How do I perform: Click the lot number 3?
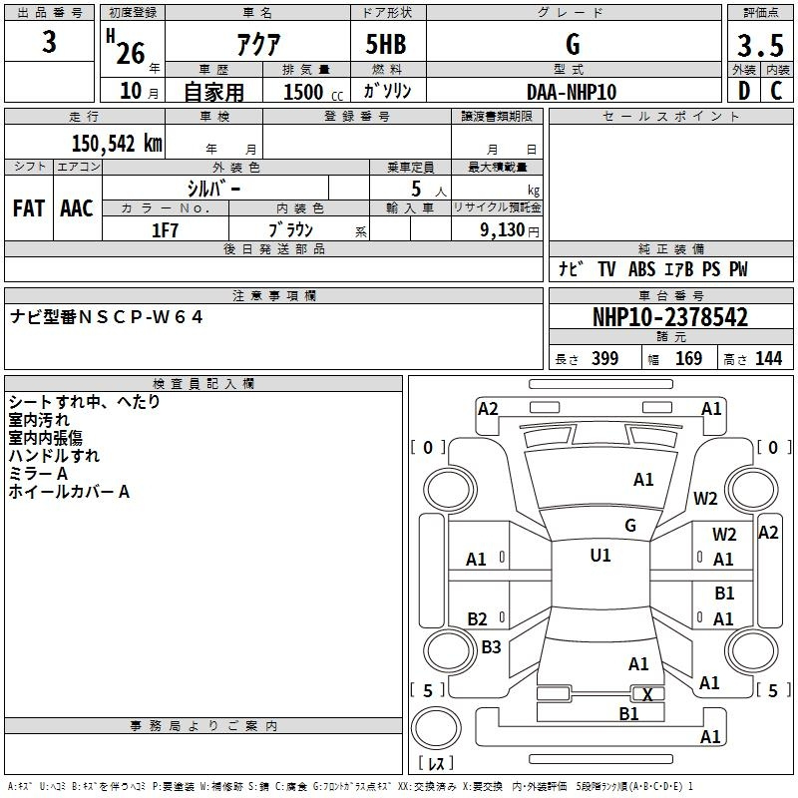tap(50, 43)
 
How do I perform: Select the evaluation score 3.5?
tap(761, 45)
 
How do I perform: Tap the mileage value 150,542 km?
tap(116, 143)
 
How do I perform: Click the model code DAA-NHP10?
tap(572, 92)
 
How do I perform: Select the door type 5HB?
tap(386, 45)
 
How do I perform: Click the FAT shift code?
tap(29, 207)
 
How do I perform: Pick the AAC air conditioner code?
tap(77, 207)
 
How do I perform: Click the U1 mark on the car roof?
tap(600, 556)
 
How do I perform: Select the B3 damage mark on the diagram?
tap(491, 647)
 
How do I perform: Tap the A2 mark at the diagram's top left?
tap(488, 408)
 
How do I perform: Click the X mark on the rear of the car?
tap(647, 694)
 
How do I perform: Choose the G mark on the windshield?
tap(630, 526)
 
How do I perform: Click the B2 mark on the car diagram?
tap(478, 619)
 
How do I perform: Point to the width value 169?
tap(688, 359)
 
